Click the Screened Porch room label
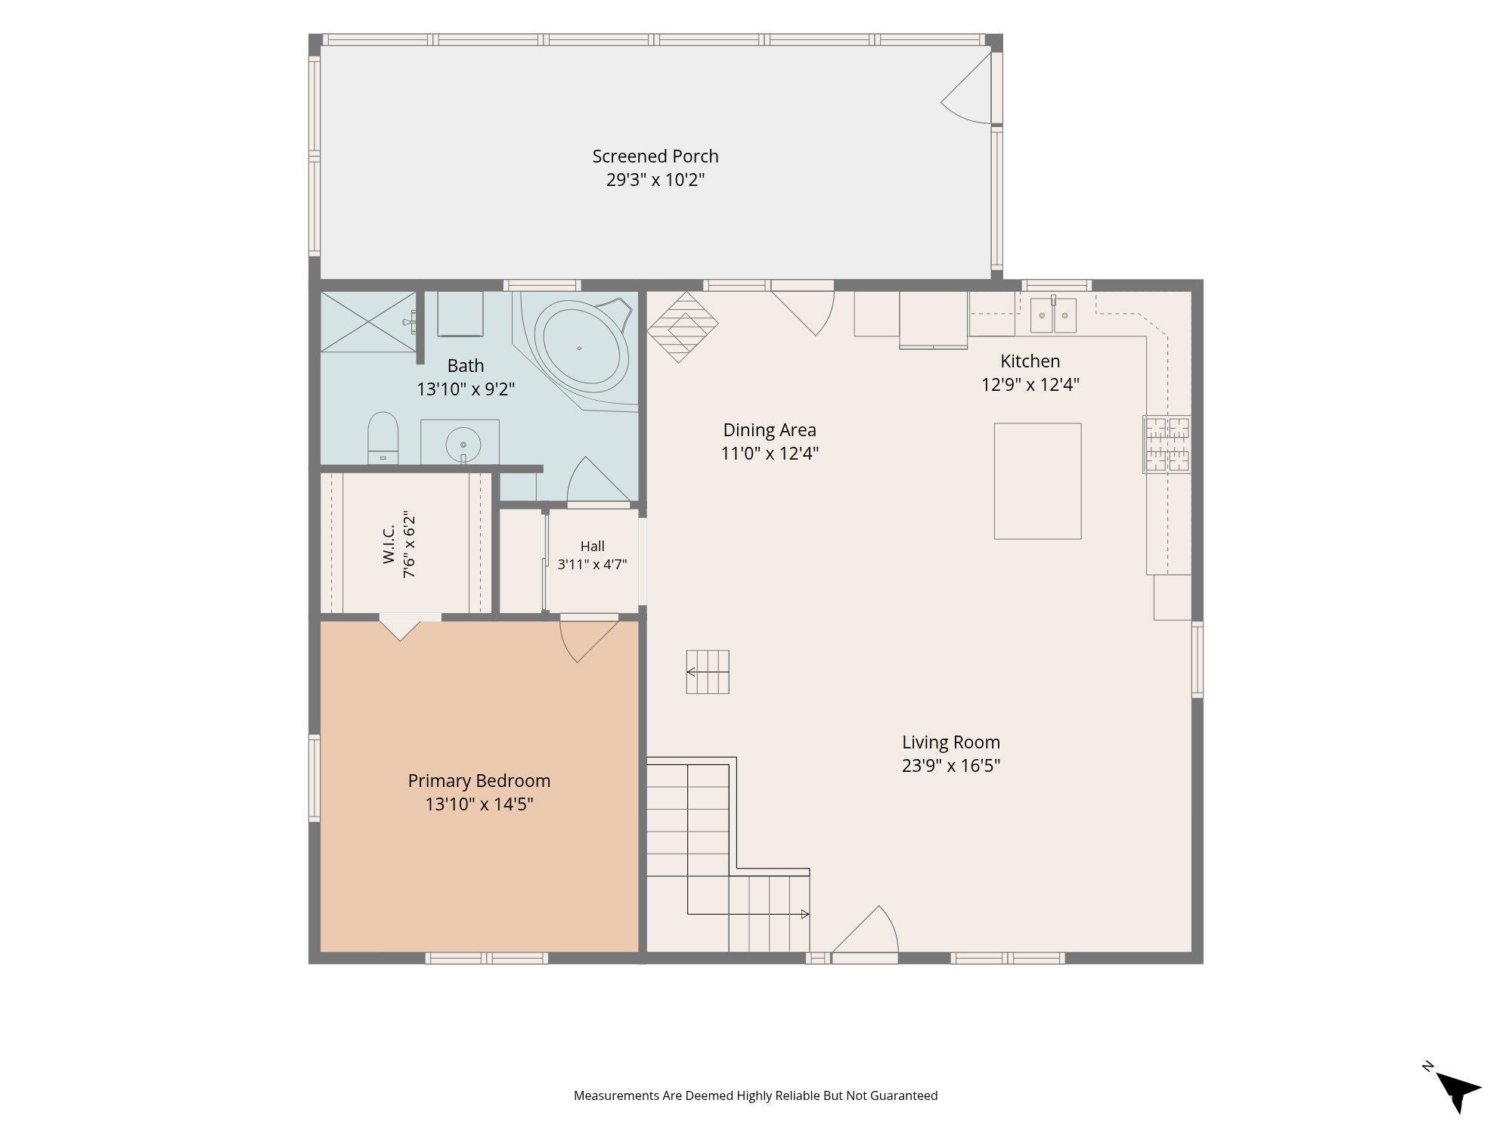(x=655, y=156)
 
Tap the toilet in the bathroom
(x=383, y=438)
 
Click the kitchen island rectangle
(x=1037, y=481)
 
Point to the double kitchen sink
(x=1053, y=314)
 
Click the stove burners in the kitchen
(x=1167, y=445)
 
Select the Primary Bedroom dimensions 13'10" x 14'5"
(x=479, y=804)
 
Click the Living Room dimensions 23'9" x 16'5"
(x=951, y=766)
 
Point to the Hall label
(x=593, y=546)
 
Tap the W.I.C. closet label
(x=389, y=545)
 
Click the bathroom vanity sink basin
(x=462, y=443)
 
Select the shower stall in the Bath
(x=368, y=322)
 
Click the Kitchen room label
(x=1030, y=361)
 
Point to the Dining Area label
(x=770, y=430)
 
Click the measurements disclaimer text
(x=755, y=1095)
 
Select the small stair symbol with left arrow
(x=708, y=672)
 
